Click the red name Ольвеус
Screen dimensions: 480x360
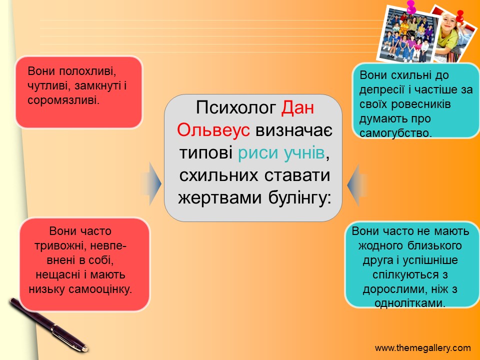coord(213,130)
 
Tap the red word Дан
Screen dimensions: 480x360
coord(297,107)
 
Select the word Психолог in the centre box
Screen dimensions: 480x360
coord(235,107)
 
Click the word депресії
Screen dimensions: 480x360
coord(382,89)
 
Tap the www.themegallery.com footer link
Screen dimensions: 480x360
coord(423,348)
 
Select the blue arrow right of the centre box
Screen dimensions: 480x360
coord(356,185)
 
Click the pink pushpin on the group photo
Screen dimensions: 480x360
coord(411,6)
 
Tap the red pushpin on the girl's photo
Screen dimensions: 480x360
coord(459,16)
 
